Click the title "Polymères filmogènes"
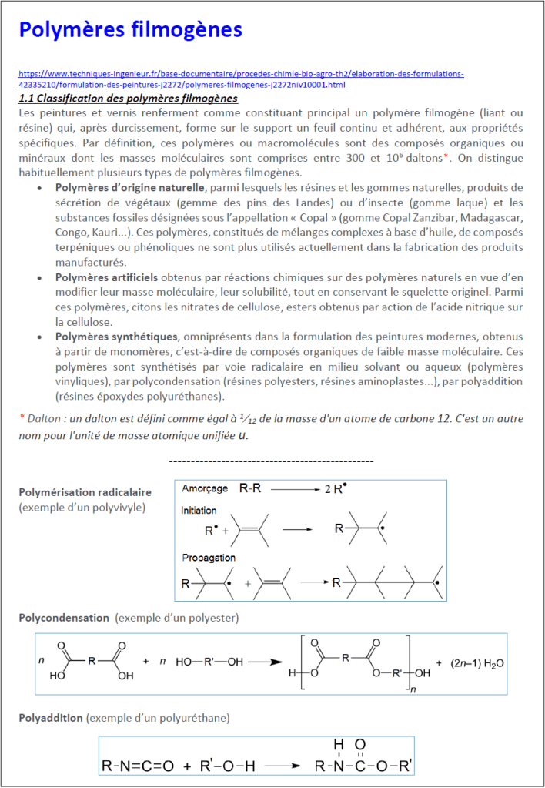pyautogui.click(x=130, y=30)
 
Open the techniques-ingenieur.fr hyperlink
pyautogui.click(x=240, y=79)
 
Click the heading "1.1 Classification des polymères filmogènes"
pyautogui.click(x=128, y=99)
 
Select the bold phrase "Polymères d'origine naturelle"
pyautogui.click(x=130, y=188)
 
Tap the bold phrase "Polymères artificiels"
pyautogui.click(x=107, y=277)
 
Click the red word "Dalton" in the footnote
pyautogui.click(x=44, y=417)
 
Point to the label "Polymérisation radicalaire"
pyautogui.click(x=85, y=492)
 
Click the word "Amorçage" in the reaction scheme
pyautogui.click(x=205, y=489)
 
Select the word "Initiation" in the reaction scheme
pyautogui.click(x=199, y=511)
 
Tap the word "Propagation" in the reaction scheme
pyautogui.click(x=209, y=557)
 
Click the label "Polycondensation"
pyautogui.click(x=64, y=618)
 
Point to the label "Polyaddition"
pyautogui.click(x=51, y=718)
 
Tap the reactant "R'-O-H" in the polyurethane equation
pyautogui.click(x=228, y=766)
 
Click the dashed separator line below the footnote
pyautogui.click(x=270, y=461)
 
